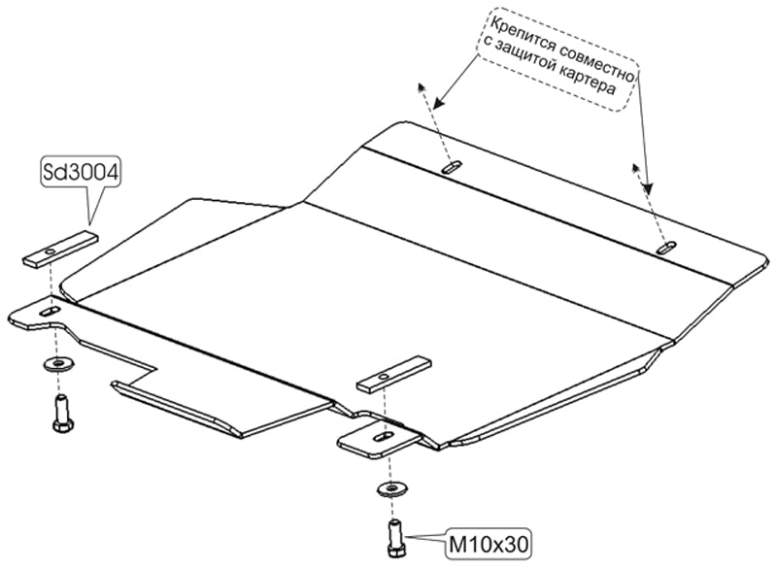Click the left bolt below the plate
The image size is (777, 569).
tap(61, 413)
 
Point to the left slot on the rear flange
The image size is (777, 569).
tap(451, 170)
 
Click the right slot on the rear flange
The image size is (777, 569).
tap(665, 249)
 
